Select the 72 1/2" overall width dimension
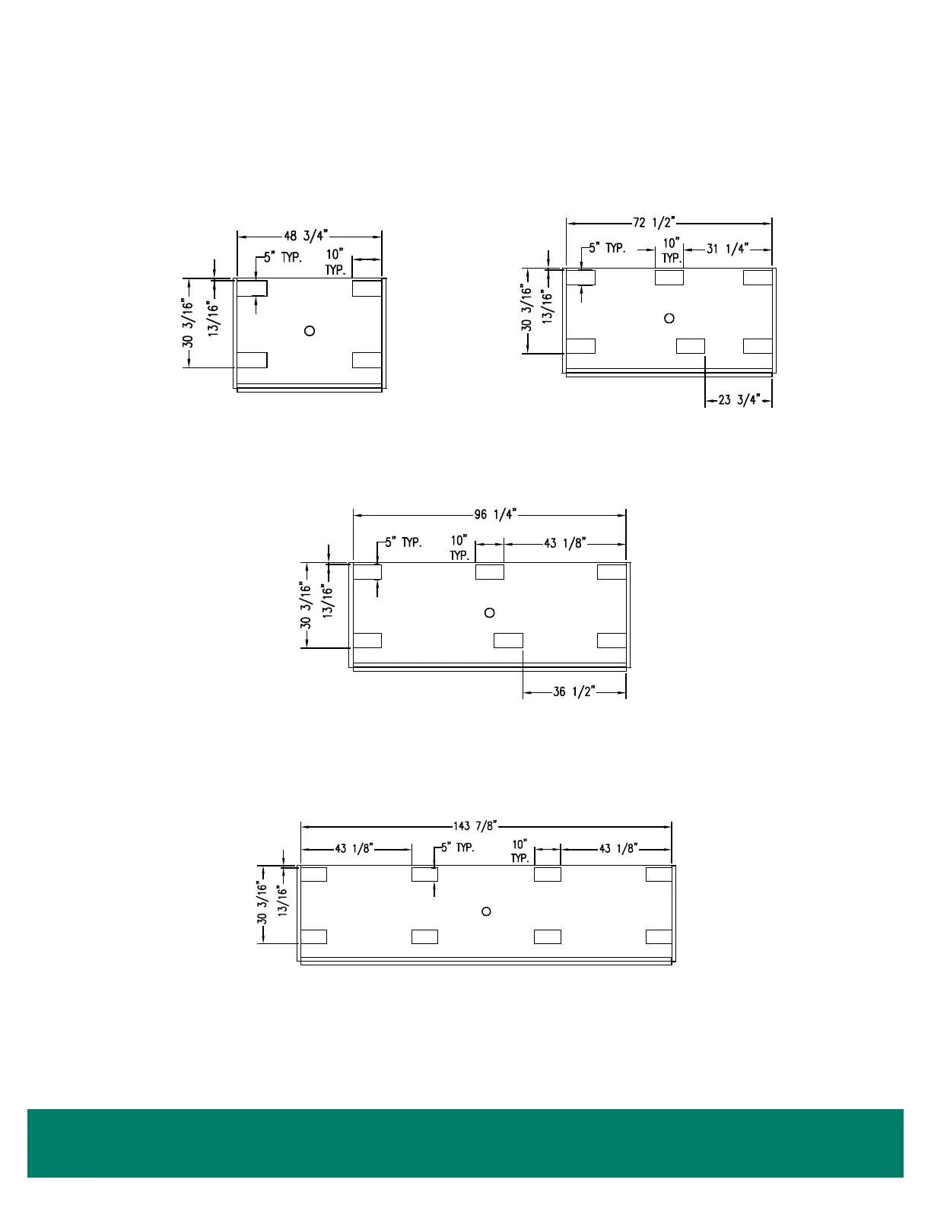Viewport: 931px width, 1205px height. pos(653,223)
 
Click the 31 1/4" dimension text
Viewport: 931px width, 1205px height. pos(727,249)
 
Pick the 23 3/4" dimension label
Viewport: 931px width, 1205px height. pos(739,400)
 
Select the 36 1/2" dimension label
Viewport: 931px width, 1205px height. pos(574,692)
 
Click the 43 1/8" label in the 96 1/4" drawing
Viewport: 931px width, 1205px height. pos(564,543)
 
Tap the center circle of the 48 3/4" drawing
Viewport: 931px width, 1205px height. pos(310,330)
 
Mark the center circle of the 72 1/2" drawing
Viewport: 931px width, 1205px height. pos(669,318)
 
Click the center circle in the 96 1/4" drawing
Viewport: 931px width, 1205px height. pos(490,612)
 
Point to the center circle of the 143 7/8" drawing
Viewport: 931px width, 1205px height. pos(487,911)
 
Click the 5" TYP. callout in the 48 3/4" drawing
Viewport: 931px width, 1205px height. pos(283,258)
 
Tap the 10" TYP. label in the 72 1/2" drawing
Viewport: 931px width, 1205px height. pos(671,250)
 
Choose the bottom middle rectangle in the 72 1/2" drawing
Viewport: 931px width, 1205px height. pos(691,346)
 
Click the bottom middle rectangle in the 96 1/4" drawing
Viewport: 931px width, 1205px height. pos(508,641)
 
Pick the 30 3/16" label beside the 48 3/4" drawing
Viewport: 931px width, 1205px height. pos(188,323)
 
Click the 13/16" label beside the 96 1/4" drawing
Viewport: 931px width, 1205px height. pos(328,601)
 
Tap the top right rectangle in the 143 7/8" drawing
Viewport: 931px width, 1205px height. pos(659,874)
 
